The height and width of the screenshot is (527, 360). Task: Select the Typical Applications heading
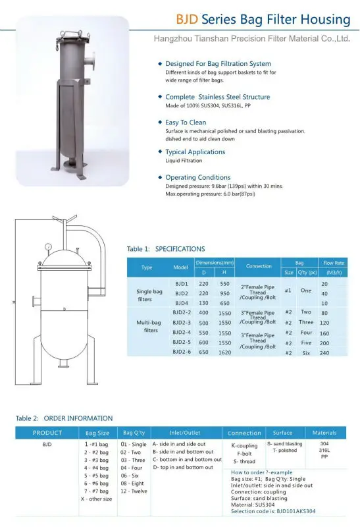(195, 152)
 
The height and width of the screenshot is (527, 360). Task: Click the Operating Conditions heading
(197, 177)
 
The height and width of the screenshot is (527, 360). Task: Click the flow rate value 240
(324, 352)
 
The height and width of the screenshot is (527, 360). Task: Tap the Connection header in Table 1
(259, 267)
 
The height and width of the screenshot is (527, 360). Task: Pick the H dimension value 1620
(224, 352)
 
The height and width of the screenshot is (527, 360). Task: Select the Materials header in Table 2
(324, 433)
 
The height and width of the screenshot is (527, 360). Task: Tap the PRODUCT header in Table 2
(47, 433)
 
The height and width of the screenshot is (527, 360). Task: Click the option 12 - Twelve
(134, 491)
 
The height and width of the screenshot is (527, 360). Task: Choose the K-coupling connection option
(245, 446)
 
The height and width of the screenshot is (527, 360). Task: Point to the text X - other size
(96, 499)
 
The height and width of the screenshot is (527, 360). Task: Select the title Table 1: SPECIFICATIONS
(165, 249)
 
